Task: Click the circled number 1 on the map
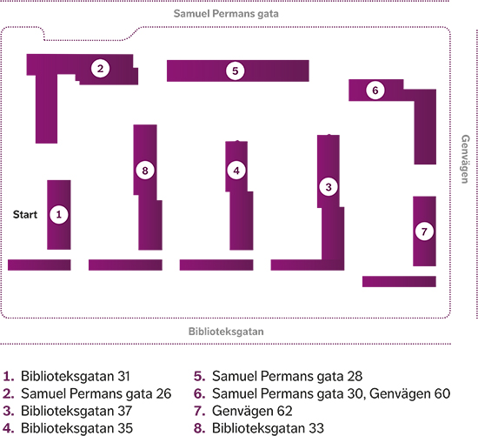point(59,214)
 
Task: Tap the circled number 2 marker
point(100,69)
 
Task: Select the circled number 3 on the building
point(329,187)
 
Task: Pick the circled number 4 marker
point(236,171)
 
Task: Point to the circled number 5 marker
point(235,70)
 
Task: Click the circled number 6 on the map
point(375,90)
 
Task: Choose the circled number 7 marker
point(424,231)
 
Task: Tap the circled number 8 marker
point(145,171)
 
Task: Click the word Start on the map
point(25,215)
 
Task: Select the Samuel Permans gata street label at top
point(226,14)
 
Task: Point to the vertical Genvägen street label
point(465,159)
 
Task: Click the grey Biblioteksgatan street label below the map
point(226,332)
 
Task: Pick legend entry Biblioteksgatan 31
point(66,376)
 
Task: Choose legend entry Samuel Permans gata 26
point(87,393)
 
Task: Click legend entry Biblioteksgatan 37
point(68,411)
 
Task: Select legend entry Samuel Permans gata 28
point(278,376)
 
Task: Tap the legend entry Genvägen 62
point(243,411)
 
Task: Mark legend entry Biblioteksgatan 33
point(259,428)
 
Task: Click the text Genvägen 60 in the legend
point(409,393)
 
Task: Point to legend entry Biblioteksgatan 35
point(68,428)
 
